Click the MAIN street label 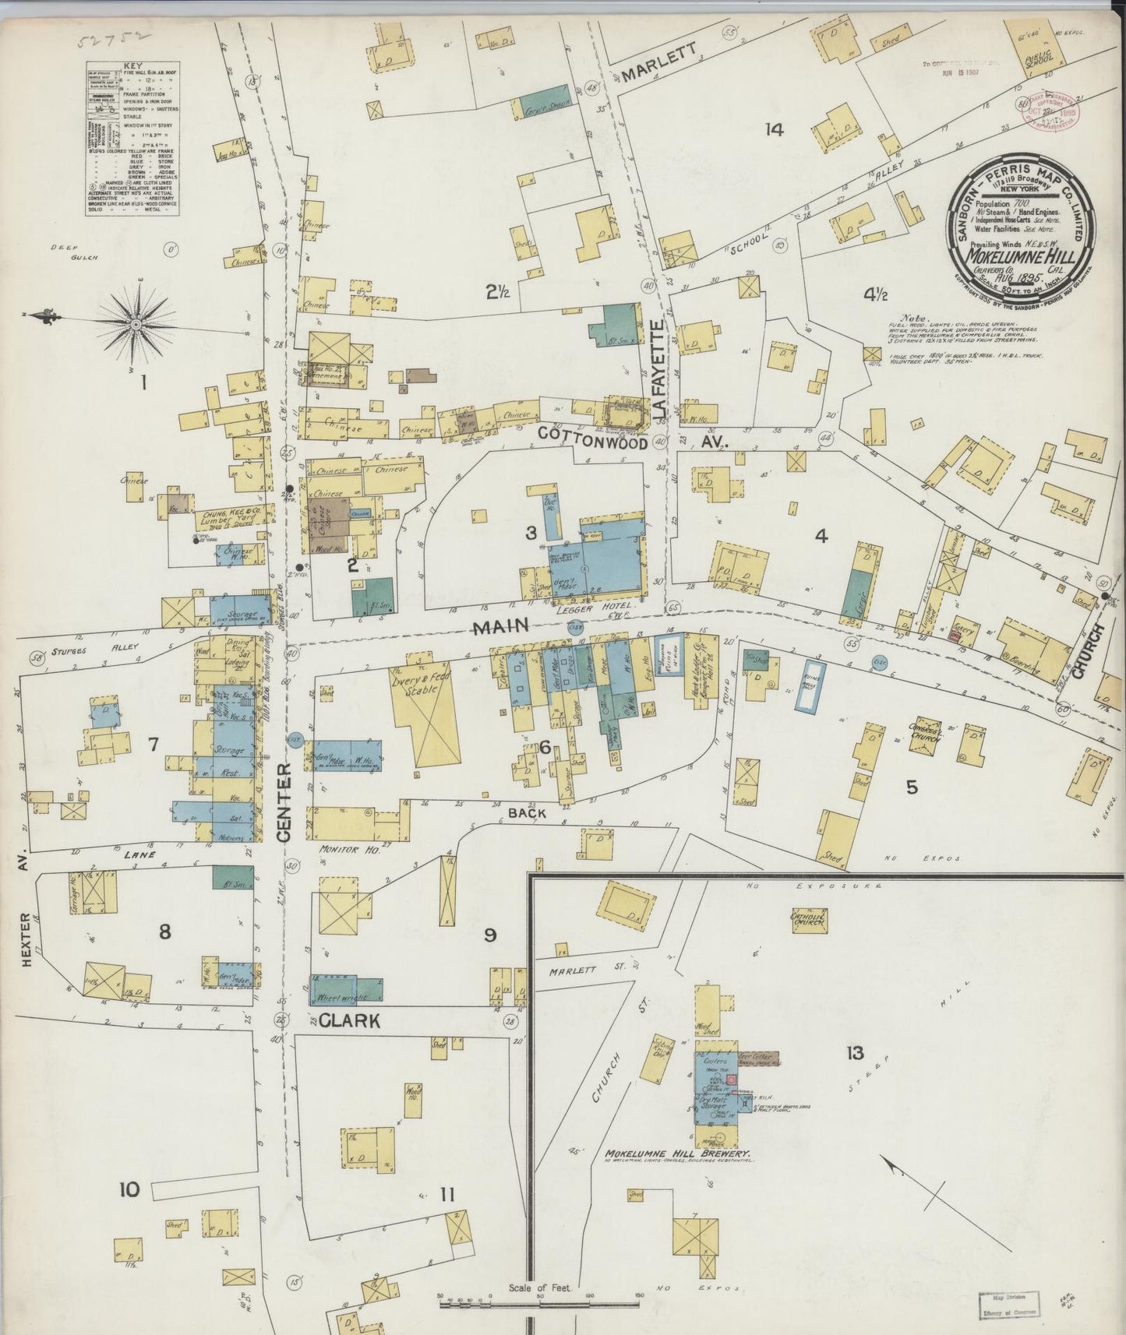coord(499,625)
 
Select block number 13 coord(855,1053)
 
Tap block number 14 coord(773,130)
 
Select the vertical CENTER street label coord(284,801)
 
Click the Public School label coord(1038,58)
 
